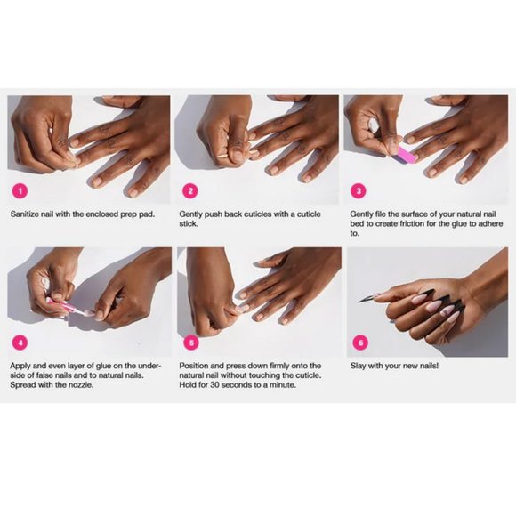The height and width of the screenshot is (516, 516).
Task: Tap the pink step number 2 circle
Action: [190, 189]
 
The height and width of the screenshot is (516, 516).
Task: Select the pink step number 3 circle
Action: [359, 189]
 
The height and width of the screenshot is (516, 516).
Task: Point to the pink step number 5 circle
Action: [190, 342]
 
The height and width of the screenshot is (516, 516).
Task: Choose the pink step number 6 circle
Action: [359, 342]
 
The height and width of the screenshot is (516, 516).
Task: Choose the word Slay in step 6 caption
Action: [359, 366]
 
